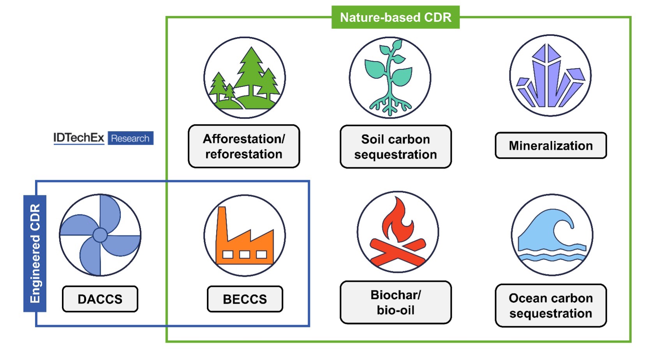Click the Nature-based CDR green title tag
(x=395, y=18)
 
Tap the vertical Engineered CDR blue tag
(x=35, y=253)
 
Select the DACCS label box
(x=100, y=299)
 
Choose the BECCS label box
(x=245, y=299)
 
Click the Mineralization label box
(x=551, y=146)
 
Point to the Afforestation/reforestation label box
(x=244, y=146)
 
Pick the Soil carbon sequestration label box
(x=395, y=147)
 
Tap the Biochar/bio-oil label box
(x=395, y=302)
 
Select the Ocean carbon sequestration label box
(x=551, y=306)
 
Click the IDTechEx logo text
(x=79, y=138)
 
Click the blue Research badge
(x=130, y=138)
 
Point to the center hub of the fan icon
(x=100, y=235)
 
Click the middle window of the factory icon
(x=245, y=255)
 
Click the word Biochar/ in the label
(x=395, y=295)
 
